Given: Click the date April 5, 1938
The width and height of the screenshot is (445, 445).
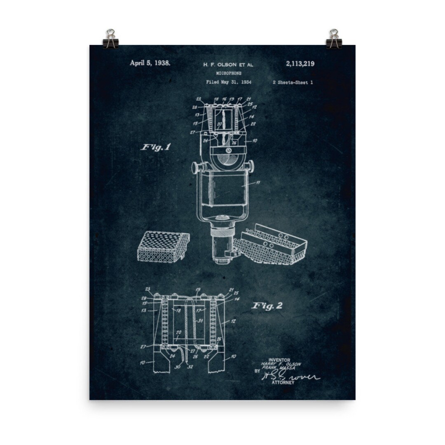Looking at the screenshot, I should (x=150, y=63).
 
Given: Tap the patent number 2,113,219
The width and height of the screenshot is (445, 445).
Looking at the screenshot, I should (x=300, y=63).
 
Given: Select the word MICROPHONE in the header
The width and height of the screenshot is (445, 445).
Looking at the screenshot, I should (x=229, y=73).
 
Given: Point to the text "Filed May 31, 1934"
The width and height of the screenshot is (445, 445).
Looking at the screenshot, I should (x=228, y=82).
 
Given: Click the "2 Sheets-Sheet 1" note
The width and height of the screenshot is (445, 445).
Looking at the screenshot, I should (x=293, y=82).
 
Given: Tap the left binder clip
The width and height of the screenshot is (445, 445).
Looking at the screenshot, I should (x=110, y=39).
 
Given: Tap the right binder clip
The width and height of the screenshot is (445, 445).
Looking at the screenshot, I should (x=334, y=39).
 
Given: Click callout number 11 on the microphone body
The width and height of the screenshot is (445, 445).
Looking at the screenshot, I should (x=258, y=183).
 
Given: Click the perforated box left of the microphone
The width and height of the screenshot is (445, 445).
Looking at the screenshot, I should (x=163, y=247).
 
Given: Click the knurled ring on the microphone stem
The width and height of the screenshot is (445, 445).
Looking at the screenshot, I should (x=223, y=236).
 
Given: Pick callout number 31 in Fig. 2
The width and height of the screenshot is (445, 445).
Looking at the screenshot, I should (x=201, y=321).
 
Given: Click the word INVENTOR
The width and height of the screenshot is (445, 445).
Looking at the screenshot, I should (x=279, y=360).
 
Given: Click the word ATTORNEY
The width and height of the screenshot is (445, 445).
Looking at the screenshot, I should (x=283, y=383).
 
